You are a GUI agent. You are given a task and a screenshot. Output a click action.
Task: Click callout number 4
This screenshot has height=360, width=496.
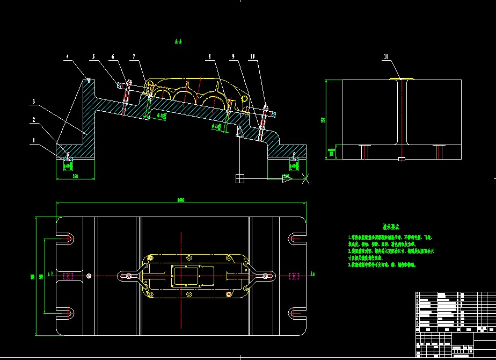(x=68, y=56)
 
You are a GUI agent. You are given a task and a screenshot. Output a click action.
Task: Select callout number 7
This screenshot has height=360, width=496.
(x=134, y=56)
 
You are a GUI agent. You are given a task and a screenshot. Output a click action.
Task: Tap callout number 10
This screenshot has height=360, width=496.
(x=252, y=56)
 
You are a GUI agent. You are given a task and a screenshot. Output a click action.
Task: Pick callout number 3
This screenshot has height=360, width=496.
(x=34, y=101)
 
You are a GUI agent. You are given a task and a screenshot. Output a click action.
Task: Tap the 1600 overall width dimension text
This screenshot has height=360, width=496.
(x=180, y=200)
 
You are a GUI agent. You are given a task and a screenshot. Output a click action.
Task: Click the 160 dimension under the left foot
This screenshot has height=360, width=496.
(x=75, y=176)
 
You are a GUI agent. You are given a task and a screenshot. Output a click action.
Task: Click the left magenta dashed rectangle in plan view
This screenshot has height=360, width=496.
(x=68, y=276)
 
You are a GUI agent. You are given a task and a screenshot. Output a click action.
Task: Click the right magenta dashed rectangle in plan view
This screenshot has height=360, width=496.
(x=294, y=276)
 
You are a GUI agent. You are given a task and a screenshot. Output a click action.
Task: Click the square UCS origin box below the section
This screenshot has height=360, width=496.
(x=240, y=178)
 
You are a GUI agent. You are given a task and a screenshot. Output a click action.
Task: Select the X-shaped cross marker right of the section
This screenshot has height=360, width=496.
(x=305, y=178)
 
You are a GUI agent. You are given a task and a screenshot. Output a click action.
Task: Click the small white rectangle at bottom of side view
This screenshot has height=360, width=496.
(x=402, y=159)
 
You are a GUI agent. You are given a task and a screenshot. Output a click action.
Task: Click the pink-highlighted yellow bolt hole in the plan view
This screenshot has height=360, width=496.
(x=229, y=293)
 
